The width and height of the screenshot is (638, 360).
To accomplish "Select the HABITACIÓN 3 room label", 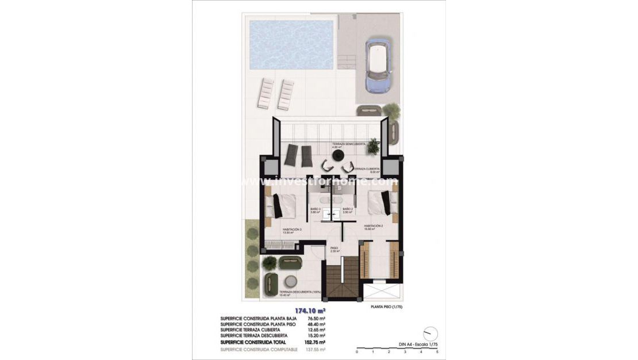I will coord(292,231).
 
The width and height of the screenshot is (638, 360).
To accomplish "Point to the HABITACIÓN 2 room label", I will coord(373,226).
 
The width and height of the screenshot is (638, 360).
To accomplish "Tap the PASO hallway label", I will coord(334,250).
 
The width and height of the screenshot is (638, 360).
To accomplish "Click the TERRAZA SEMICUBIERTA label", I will coord(348,144).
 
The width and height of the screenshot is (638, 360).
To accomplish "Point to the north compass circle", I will coord(430,334).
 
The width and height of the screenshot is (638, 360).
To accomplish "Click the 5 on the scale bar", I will coord(437,351).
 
